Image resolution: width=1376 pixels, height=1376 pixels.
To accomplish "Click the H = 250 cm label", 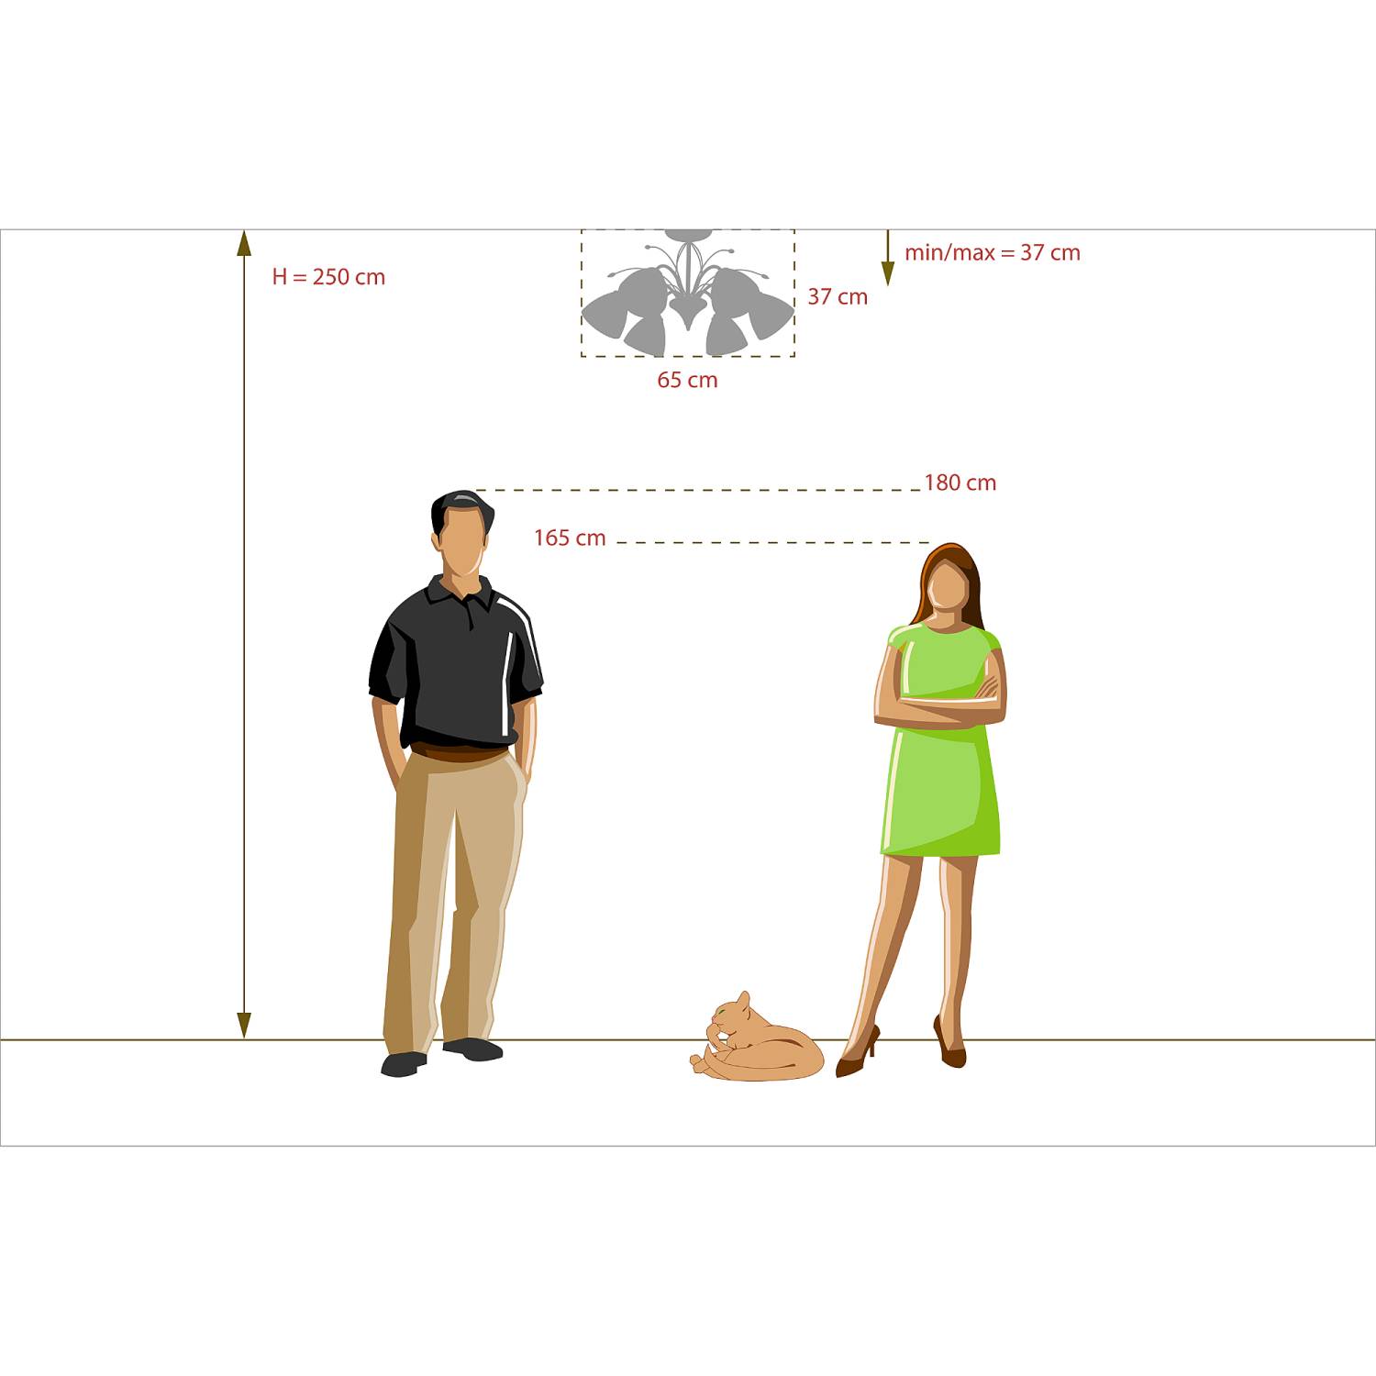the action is [x=328, y=277].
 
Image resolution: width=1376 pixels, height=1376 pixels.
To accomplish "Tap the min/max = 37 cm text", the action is [x=993, y=253].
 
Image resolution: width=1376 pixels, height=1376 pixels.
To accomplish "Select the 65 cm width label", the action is [x=687, y=380].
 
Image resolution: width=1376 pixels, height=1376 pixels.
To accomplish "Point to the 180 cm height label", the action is [x=960, y=483].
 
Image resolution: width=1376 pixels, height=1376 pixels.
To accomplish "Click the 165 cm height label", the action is [x=570, y=538].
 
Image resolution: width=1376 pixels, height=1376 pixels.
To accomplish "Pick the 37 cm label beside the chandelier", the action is [x=838, y=297].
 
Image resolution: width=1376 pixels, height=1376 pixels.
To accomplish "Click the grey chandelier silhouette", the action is [x=687, y=293].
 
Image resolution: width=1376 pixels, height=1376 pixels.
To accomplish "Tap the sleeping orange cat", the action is [x=757, y=1039].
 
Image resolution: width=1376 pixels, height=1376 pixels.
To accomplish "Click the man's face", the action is [x=461, y=541].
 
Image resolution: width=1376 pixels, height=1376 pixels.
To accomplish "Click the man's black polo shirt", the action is [x=456, y=665].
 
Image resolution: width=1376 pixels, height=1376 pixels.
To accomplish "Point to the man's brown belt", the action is [x=459, y=753].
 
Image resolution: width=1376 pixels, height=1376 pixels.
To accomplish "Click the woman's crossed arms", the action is [x=940, y=703].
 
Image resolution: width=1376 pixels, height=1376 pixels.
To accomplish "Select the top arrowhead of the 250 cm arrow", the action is [x=244, y=242].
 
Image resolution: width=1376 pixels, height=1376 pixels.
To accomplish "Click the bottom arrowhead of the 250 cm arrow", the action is [x=244, y=1026].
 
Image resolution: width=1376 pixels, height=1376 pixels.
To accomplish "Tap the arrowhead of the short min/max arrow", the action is [x=888, y=273].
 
